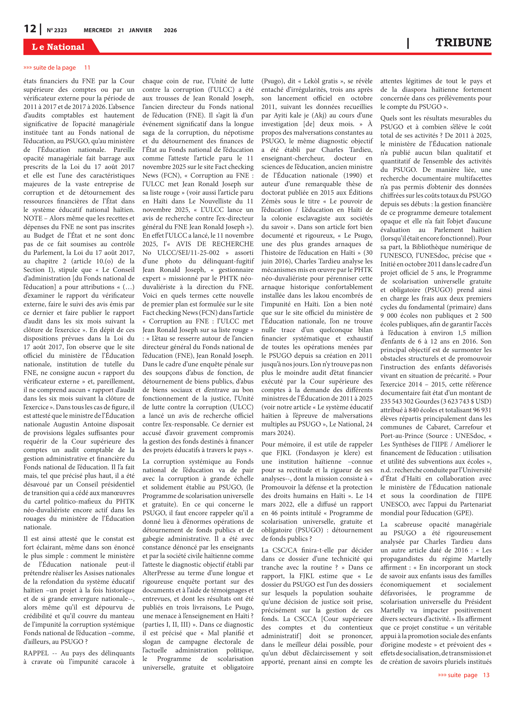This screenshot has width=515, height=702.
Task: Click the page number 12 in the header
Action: click(x=30, y=29)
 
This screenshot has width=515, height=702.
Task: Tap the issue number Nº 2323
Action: click(x=57, y=30)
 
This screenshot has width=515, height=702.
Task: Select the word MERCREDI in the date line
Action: click(x=98, y=30)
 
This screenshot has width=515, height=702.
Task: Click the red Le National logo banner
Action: click(x=58, y=47)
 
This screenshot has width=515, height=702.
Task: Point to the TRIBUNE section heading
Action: click(x=463, y=42)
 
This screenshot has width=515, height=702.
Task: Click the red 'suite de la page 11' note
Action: click(x=57, y=68)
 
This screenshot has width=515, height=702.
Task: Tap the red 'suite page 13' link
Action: click(x=463, y=675)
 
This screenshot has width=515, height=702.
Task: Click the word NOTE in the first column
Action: click(x=33, y=218)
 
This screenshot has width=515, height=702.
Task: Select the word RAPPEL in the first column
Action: click(x=36, y=653)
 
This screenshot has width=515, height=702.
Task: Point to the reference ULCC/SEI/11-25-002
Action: click(x=188, y=253)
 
